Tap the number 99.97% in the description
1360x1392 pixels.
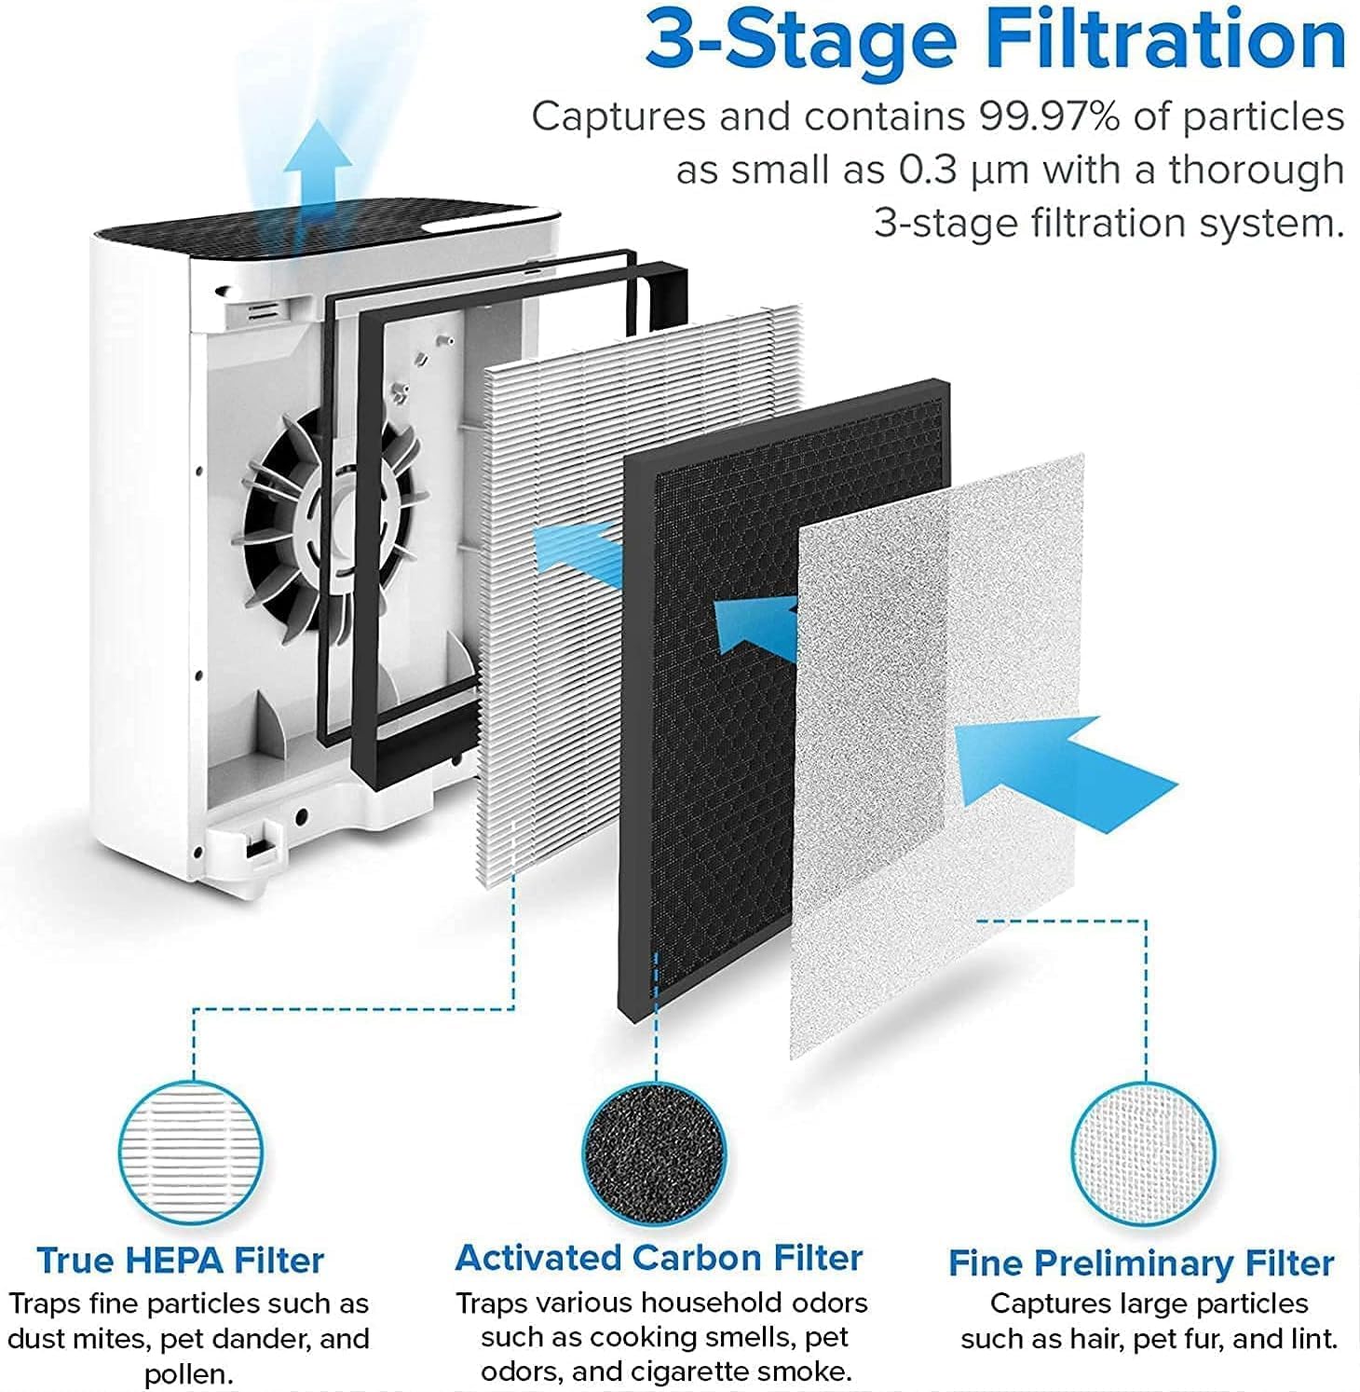tap(1044, 117)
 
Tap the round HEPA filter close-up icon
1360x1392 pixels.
tap(191, 1154)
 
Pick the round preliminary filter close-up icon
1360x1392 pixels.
tap(1143, 1154)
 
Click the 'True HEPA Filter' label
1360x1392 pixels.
tap(181, 1260)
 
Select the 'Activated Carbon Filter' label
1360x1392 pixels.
tap(659, 1258)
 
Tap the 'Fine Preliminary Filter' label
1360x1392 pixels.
tap(1141, 1263)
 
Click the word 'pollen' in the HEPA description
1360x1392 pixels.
tap(186, 1374)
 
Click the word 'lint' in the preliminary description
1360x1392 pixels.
tap(1312, 1339)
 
